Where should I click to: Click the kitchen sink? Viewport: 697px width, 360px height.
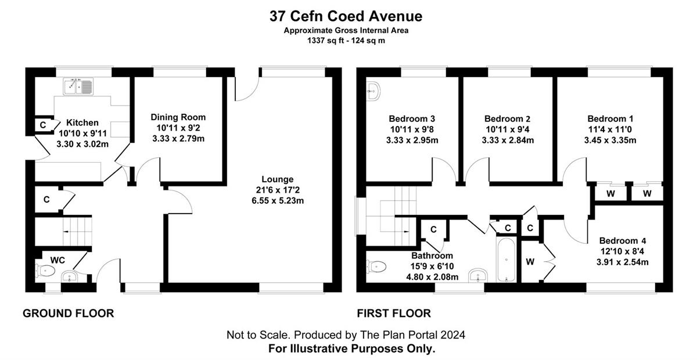coord(78,86)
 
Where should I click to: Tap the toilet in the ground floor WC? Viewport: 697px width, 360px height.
coord(45,271)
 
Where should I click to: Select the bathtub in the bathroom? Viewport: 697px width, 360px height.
coord(506,260)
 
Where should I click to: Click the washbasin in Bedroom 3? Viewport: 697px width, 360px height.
coord(373,92)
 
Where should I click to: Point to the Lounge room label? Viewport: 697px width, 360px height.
coord(278,179)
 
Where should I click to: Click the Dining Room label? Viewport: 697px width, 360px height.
coord(178,117)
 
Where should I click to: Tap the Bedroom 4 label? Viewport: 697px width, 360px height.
coord(623,240)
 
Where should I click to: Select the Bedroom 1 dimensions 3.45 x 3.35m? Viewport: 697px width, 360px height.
coord(610,141)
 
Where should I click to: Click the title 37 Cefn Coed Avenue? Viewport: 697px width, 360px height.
coord(346,16)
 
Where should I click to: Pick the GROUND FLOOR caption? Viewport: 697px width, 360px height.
coord(69,314)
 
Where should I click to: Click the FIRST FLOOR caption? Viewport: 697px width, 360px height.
coord(394,314)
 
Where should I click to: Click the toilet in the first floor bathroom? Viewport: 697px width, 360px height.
coord(376,267)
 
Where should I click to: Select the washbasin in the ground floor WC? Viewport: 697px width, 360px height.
coord(69,276)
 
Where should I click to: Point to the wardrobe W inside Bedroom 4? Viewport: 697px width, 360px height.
coord(530,262)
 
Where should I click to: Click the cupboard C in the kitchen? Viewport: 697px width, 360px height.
coord(43,125)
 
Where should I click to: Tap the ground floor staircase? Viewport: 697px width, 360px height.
coord(77,232)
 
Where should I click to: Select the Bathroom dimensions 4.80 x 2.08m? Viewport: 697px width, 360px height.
coord(432,277)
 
